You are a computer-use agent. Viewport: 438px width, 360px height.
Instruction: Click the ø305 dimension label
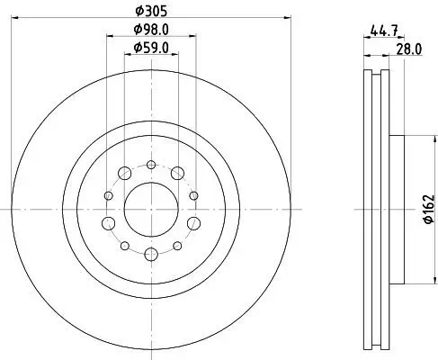(150, 11)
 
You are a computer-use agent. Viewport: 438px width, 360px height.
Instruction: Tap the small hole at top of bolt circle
(150, 165)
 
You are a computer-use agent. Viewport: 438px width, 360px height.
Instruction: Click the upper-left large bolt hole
(123, 173)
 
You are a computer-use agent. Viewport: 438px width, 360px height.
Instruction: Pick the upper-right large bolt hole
(178, 173)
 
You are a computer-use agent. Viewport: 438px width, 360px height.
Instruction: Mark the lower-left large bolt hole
(110, 223)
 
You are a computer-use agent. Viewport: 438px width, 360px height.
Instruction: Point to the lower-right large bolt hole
(192, 223)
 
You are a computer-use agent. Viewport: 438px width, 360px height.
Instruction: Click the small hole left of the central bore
(108, 195)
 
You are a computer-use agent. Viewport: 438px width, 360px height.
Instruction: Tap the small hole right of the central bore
(193, 195)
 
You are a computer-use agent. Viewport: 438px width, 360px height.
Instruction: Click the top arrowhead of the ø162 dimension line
(421, 139)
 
